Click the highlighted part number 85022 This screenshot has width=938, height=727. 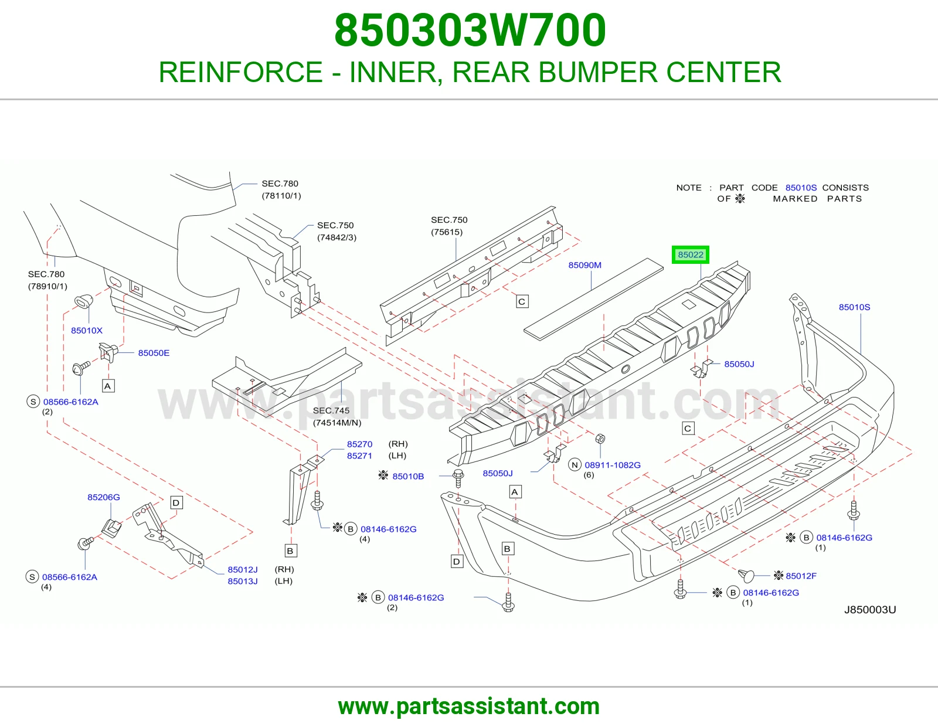pos(690,254)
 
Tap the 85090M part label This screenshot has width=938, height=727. pos(584,265)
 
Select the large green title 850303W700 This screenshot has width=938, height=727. pos(470,30)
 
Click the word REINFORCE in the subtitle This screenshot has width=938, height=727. pos(241,72)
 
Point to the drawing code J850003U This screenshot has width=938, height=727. pos(870,610)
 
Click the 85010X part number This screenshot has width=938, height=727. pos(87,331)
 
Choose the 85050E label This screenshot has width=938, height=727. pos(154,353)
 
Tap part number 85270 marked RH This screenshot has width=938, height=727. pos(359,444)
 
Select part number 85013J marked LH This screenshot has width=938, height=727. pos(243,581)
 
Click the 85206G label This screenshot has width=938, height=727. pos(104,497)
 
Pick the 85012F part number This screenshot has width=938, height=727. pos(801,576)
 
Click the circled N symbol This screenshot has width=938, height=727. pos(574,465)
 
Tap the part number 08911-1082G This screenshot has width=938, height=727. pos(613,465)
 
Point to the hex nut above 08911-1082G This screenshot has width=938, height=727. pos(600,439)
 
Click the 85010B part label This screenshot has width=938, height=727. pos(408,477)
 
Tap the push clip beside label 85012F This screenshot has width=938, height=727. pos(746,576)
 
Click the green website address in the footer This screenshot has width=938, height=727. pos(469,707)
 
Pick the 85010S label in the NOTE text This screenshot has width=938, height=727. pos(801,188)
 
